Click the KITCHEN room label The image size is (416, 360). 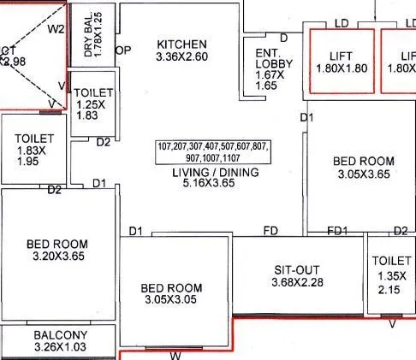pos(181,44)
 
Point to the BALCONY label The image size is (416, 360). pos(60,334)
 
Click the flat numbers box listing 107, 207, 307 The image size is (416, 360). pos(211,152)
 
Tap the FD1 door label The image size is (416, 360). pos(338,232)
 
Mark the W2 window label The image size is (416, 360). pos(56,28)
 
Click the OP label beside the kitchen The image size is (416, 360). pos(123,50)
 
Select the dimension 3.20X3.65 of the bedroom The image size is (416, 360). pos(57,257)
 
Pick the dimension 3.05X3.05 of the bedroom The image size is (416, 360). pos(171,300)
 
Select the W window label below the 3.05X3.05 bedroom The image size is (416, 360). pos(175,355)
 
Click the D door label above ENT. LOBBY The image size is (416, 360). pos(283,37)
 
